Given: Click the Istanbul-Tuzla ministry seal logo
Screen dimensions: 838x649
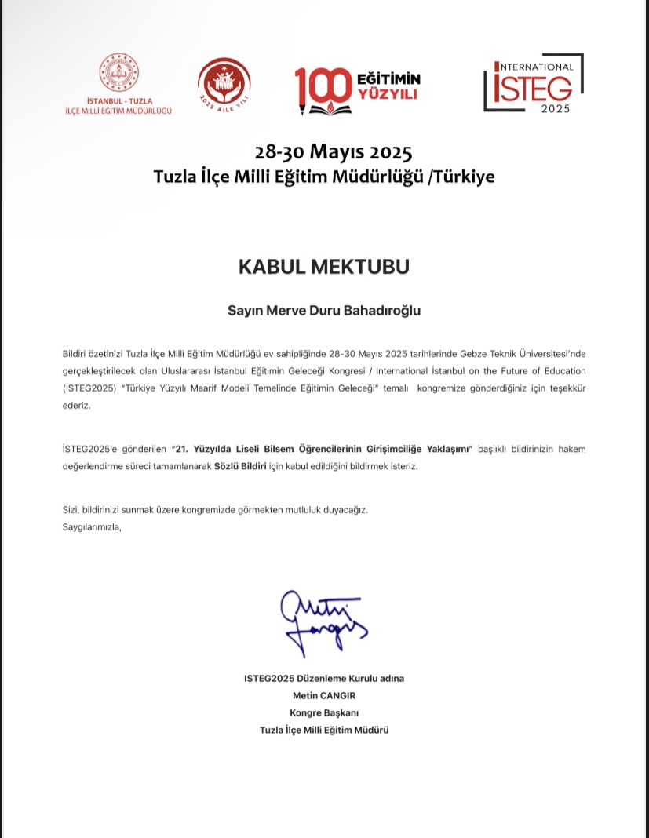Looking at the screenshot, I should pos(118,76).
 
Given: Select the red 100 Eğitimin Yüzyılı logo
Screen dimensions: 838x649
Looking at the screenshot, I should pos(357,86).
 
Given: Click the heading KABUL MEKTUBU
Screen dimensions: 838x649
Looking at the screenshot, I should pos(323,267).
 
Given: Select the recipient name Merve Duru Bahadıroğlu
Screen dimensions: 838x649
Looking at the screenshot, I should pos(342,310).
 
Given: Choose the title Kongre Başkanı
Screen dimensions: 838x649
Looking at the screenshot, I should pos(323,712).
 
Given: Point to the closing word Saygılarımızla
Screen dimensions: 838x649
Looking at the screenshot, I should pos(92,526).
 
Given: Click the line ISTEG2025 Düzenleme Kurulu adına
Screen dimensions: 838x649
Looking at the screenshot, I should pos(323,678).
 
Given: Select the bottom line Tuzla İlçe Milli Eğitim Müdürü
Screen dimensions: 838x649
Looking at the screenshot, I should pos(323,730).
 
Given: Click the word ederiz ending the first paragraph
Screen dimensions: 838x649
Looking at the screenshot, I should pos(76,406).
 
